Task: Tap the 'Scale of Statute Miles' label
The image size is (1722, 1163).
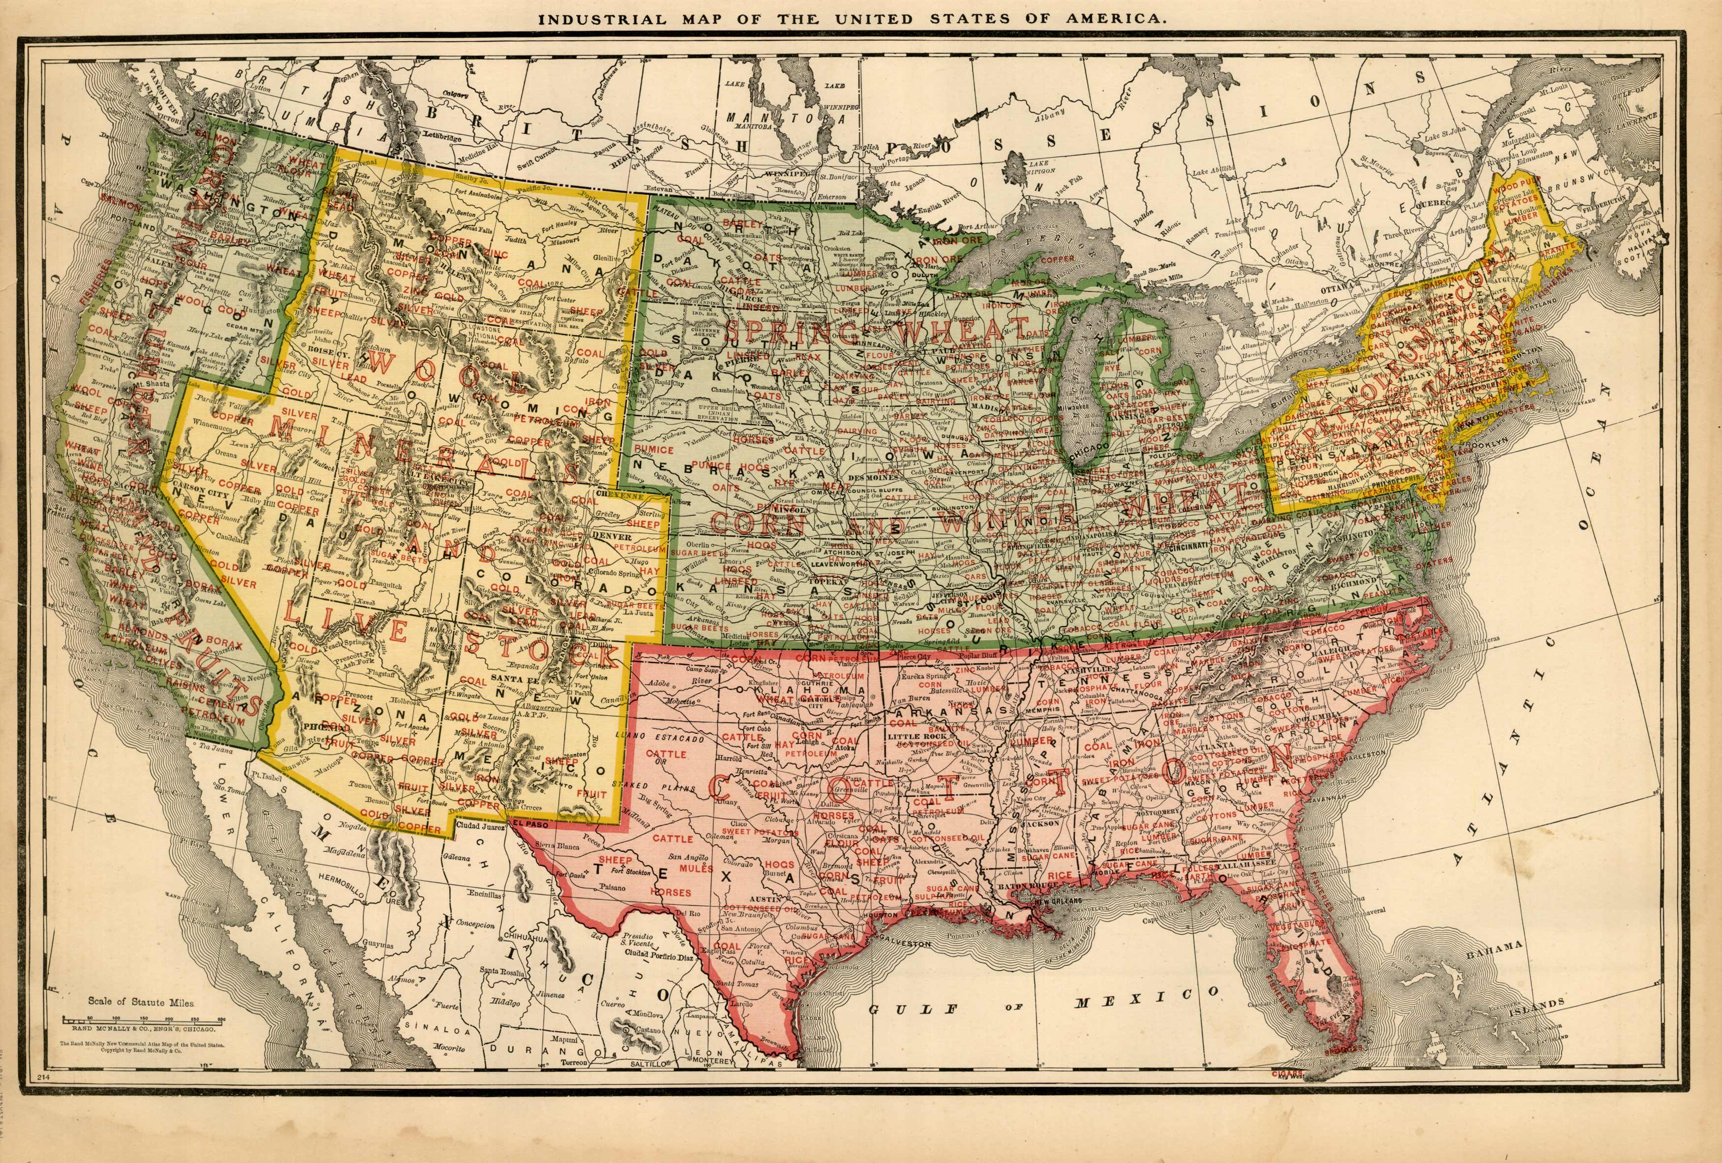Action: tap(141, 1002)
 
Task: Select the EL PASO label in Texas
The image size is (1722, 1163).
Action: tap(522, 822)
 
